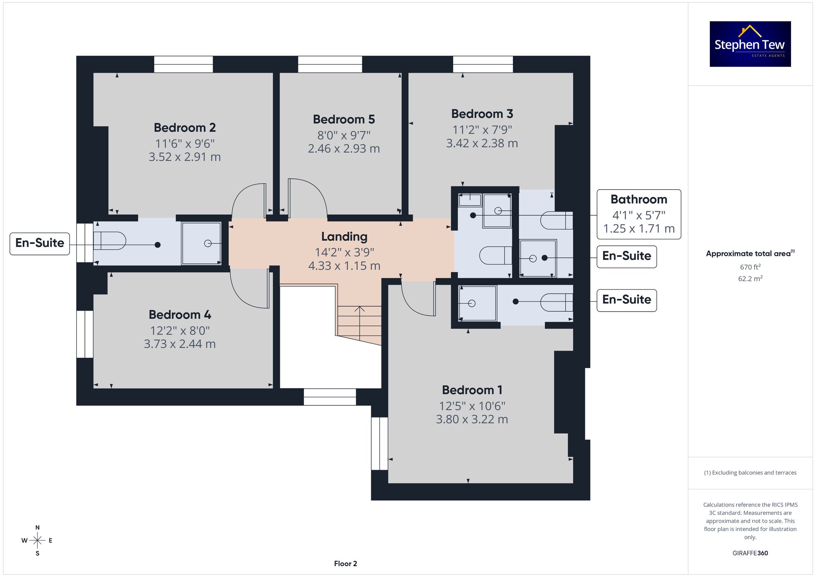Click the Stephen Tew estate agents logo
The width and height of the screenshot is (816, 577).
750,44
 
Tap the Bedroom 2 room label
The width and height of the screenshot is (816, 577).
185,128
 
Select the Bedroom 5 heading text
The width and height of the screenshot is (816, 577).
344,119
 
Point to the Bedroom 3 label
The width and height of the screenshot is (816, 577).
482,114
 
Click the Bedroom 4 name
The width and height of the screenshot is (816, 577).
180,315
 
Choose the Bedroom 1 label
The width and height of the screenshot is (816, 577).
472,390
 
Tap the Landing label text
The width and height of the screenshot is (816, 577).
344,237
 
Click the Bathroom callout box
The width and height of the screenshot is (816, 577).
639,214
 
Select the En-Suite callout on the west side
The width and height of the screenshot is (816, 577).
40,244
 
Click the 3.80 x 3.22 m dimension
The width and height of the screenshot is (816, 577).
472,419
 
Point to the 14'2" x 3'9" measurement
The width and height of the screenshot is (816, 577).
344,252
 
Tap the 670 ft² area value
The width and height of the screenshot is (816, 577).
750,267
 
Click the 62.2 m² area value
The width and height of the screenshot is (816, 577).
750,279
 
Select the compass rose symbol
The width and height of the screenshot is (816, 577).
38,541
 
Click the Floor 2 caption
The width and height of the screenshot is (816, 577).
346,564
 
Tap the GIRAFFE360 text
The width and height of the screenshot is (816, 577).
750,553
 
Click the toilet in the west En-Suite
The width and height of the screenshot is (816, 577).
110,241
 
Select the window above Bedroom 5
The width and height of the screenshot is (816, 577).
330,64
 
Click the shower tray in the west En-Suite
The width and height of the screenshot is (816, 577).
201,243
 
